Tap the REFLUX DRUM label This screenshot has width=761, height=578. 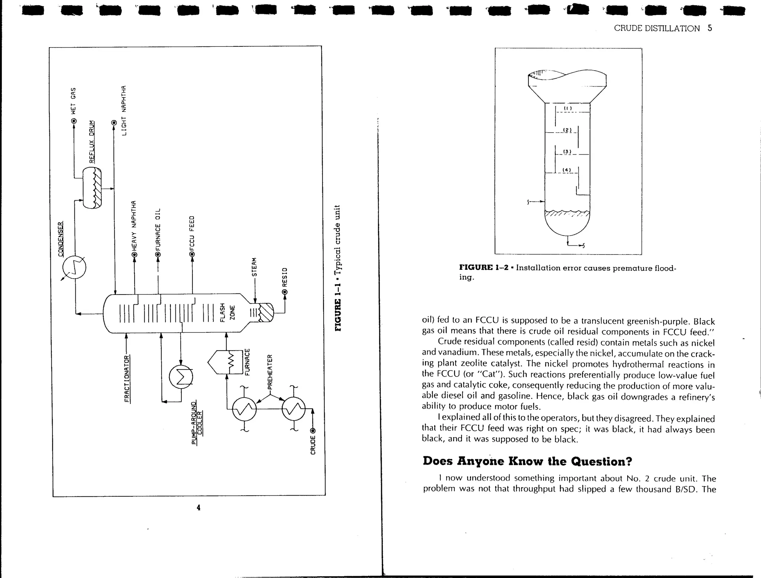[92, 142]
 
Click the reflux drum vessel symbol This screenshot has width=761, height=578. [92, 188]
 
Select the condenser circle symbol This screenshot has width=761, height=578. [74, 267]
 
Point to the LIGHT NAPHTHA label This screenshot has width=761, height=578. [124, 111]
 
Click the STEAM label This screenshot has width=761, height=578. [254, 267]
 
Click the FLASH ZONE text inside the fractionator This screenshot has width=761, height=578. [227, 313]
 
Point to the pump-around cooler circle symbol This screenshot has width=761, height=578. [181, 377]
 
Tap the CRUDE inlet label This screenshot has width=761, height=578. [313, 445]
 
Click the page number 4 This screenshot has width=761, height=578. [198, 507]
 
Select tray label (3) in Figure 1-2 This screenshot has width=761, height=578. [567, 151]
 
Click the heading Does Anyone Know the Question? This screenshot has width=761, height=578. [527, 461]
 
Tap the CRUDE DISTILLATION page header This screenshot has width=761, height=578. [657, 29]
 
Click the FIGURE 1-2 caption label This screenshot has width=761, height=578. [484, 267]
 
